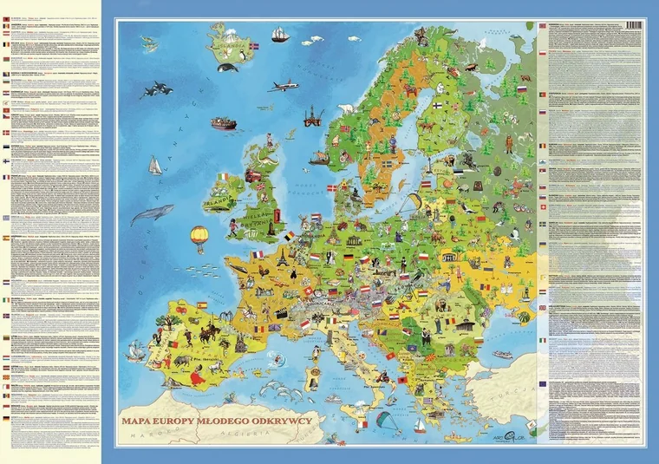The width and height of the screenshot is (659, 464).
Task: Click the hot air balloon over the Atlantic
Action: point(199,236)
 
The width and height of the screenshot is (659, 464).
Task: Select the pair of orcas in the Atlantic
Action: point(155,88)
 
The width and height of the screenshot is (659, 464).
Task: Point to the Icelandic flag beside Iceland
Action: point(253,45)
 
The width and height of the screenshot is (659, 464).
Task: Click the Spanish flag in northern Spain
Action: point(201,305)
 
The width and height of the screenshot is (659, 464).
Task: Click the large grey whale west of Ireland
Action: point(153,213)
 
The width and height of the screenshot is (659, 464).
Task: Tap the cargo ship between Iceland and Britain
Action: point(223,124)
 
